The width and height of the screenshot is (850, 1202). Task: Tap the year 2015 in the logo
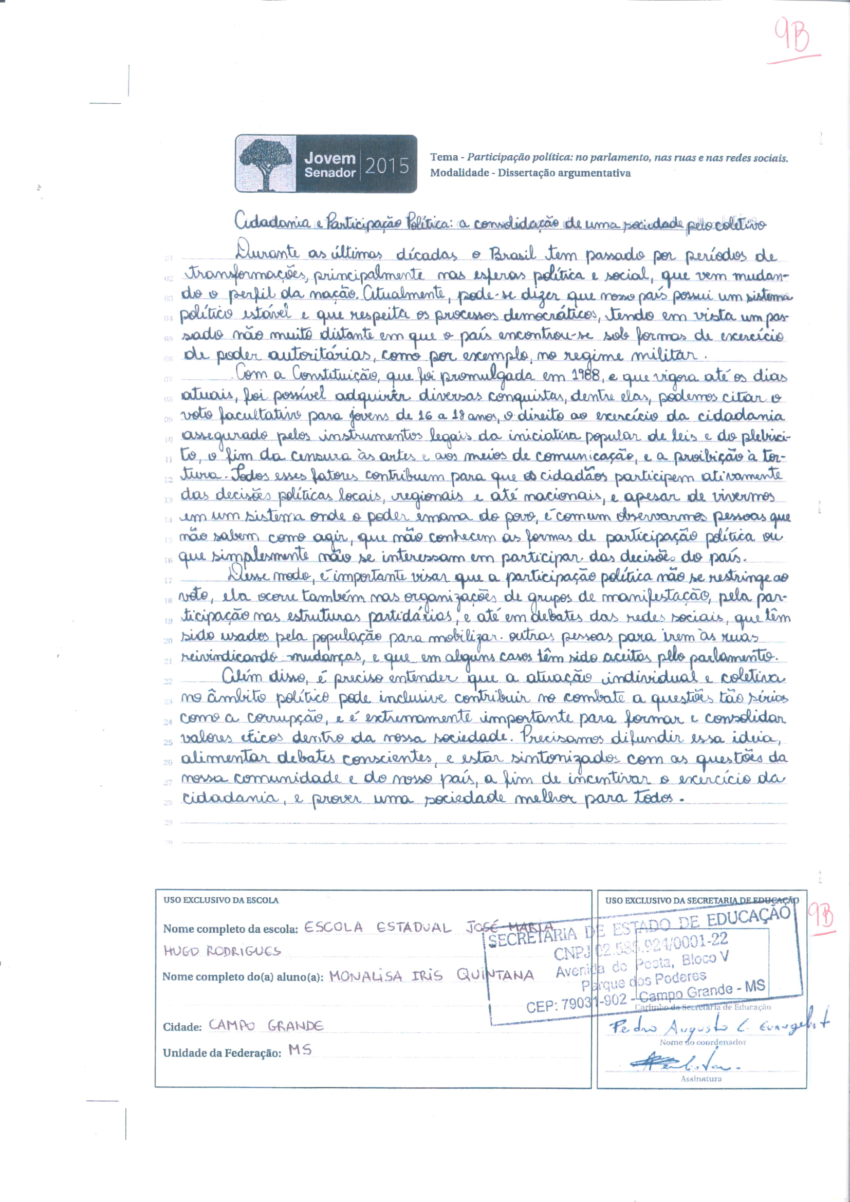click(387, 165)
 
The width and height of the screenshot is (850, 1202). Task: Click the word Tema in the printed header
click(444, 157)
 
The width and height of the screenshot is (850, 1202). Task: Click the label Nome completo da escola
click(230, 929)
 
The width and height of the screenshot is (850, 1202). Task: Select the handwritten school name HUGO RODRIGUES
click(222, 951)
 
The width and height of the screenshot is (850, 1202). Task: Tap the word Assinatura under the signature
click(701, 1079)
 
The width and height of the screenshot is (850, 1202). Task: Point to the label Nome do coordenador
click(703, 1042)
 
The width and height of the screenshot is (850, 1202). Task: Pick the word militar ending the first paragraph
click(668, 356)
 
